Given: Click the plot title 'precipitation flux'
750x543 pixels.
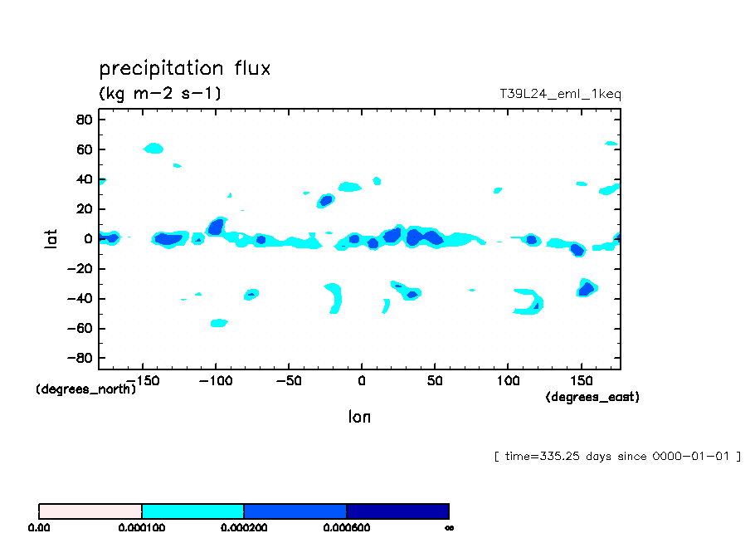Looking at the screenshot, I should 184,68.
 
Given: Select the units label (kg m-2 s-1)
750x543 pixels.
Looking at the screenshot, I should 160,93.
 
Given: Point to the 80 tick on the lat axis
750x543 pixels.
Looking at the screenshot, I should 82,120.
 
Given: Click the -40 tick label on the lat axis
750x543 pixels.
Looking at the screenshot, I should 79,299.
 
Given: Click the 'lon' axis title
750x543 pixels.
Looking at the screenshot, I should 359,417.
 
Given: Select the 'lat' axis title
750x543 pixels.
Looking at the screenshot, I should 51,239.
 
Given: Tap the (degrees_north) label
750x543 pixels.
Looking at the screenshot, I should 85,389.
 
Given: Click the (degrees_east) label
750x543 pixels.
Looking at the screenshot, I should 592,397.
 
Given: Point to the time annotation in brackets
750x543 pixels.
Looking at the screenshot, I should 616,457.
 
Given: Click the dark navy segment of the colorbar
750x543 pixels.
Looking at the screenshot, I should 397,511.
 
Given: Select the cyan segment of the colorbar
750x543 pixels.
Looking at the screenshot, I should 192,511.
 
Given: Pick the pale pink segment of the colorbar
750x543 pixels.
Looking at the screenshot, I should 90,511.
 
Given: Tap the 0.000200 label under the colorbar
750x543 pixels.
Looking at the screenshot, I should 244,527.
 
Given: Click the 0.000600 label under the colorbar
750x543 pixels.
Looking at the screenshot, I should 346,527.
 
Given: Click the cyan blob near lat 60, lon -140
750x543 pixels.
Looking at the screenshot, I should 154,149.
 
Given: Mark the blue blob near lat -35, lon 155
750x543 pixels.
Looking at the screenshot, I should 587,288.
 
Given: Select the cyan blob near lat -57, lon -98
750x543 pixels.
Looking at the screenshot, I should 218,323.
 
